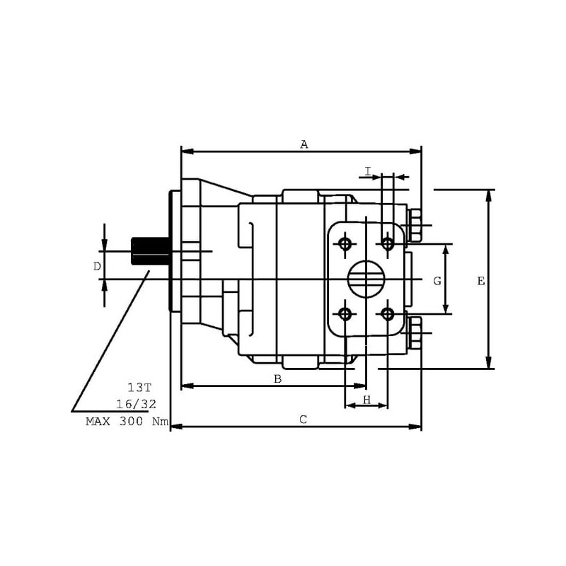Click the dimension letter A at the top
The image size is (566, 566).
(304, 145)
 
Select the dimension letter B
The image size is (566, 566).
(277, 379)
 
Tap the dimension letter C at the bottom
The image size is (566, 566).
(304, 420)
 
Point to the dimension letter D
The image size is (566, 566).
(97, 267)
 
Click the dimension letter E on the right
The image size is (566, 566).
(481, 281)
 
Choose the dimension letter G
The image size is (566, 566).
(437, 281)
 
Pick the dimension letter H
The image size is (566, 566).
(366, 400)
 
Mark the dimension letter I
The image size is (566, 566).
(368, 171)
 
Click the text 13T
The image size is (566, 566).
(139, 388)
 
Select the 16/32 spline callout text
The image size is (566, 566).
(136, 404)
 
